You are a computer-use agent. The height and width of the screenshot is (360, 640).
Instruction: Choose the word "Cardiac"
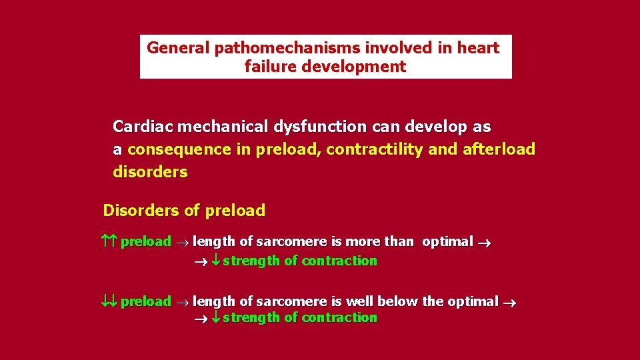(x=142, y=127)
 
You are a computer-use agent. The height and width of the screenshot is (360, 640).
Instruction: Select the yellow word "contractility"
(x=374, y=149)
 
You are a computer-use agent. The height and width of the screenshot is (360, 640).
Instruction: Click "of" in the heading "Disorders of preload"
(x=191, y=211)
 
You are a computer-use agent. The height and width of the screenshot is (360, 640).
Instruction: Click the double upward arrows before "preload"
(x=109, y=241)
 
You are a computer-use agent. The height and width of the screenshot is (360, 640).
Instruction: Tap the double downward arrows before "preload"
(x=109, y=301)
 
